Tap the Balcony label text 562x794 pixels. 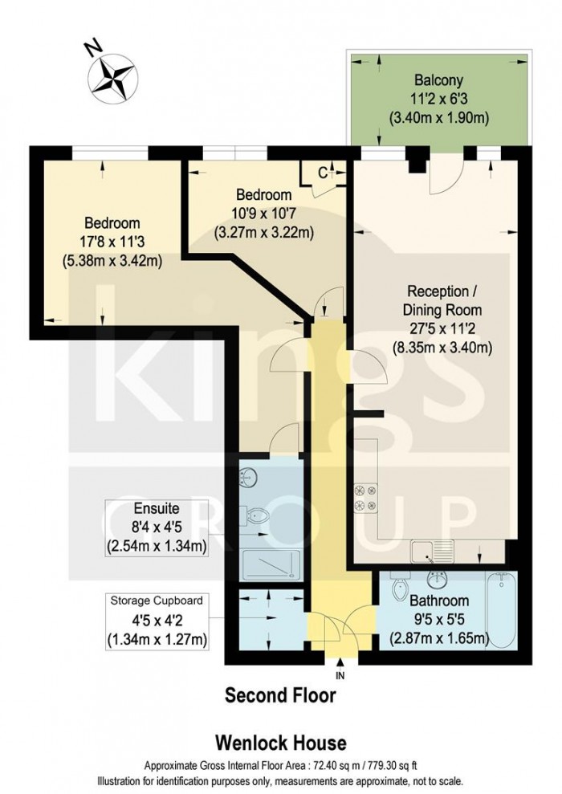tap(438, 80)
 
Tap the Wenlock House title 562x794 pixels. tap(280, 743)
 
